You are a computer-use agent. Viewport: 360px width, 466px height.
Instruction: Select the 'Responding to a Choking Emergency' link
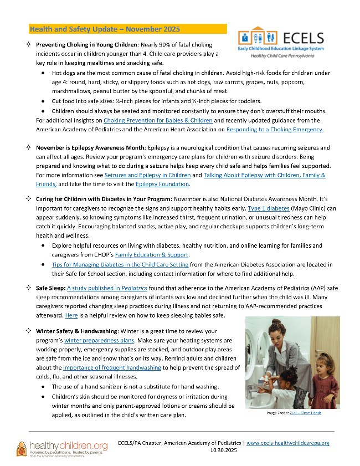point(275,129)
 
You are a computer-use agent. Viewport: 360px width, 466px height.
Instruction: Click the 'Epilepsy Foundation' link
point(162,184)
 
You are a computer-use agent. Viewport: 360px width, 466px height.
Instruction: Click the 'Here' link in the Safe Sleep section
point(71,315)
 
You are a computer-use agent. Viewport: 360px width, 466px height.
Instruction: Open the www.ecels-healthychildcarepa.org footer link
point(287,443)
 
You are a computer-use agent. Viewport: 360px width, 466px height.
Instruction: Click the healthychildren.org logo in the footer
point(61,448)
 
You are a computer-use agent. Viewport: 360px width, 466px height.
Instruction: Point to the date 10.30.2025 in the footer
point(224,451)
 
